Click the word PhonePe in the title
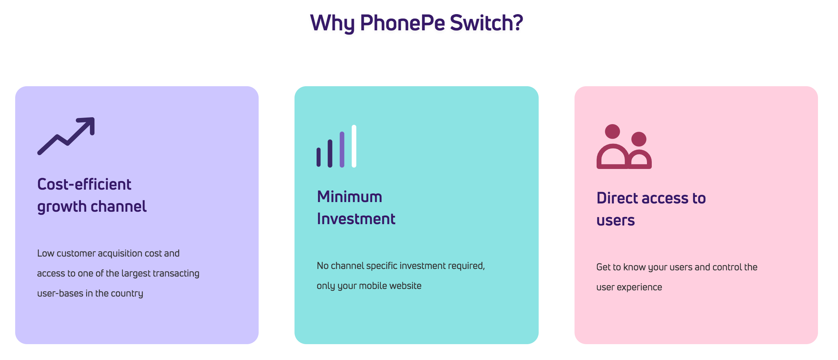tap(402, 23)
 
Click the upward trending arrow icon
tap(66, 136)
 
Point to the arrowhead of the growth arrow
tap(88, 124)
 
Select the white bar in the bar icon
tap(354, 146)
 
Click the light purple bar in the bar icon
tap(342, 150)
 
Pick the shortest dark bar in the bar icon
tap(319, 157)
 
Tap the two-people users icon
tap(624, 147)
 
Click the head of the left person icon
tap(612, 131)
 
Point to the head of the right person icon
tap(639, 139)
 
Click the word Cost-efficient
tap(84, 184)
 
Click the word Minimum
tap(349, 197)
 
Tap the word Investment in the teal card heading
tap(356, 219)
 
